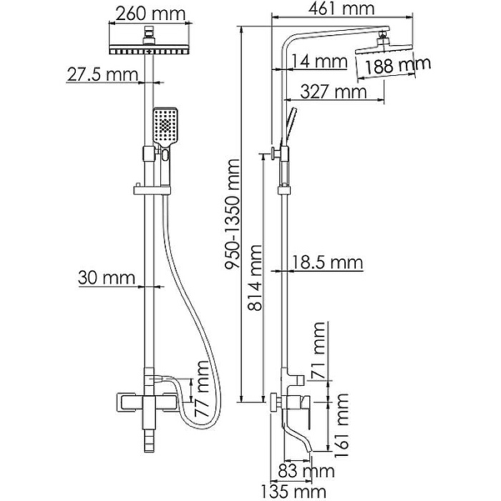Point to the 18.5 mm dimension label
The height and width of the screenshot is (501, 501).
pos(329,263)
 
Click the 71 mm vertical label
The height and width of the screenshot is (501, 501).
pos(320,351)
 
